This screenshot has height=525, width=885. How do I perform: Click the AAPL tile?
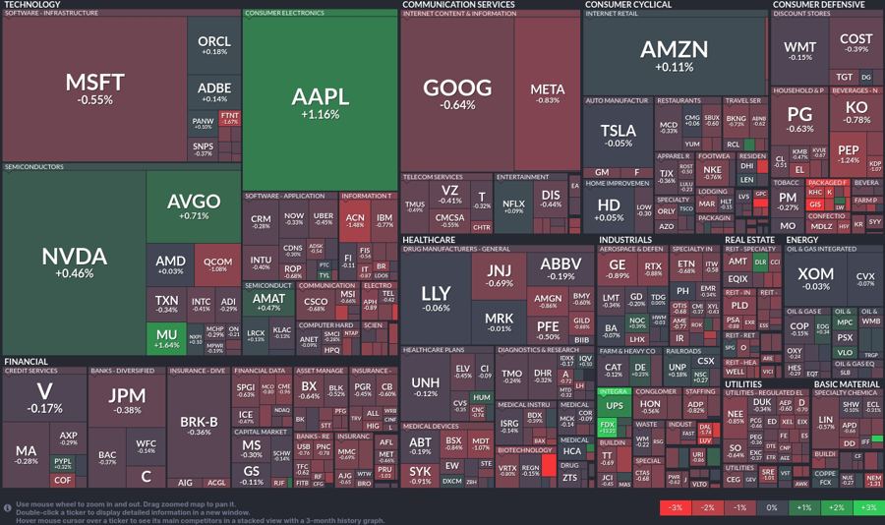click(320, 102)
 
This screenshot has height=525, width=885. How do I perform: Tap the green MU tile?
click(167, 340)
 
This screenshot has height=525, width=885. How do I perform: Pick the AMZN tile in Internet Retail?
click(674, 54)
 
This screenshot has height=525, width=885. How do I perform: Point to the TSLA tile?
click(618, 134)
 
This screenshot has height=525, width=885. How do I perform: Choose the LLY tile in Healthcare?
click(436, 298)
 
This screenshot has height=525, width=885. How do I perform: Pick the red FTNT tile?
click(230, 118)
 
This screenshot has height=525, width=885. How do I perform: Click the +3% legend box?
click(867, 507)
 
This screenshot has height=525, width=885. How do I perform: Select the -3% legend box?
click(675, 507)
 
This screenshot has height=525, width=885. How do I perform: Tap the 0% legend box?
click(771, 507)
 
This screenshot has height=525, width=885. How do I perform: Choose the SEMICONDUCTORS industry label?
click(34, 167)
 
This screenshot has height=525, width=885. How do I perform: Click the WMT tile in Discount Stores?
click(799, 49)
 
